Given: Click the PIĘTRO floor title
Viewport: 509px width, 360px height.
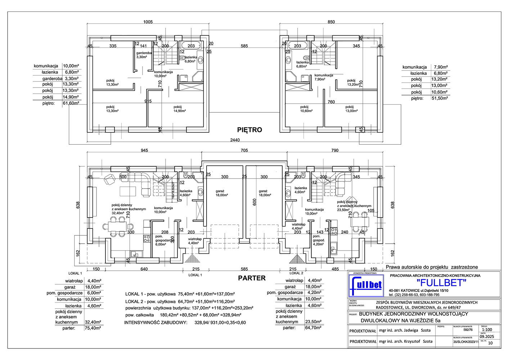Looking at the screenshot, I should point(249,130).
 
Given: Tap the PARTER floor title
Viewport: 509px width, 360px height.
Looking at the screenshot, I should point(252,278).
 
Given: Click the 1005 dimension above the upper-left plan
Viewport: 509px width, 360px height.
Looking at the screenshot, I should point(148,22).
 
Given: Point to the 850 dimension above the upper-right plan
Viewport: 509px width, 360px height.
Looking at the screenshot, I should point(331,22).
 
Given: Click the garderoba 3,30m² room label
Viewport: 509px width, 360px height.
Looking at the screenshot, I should point(144,55).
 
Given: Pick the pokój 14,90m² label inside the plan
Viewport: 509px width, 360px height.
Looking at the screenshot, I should point(179,109).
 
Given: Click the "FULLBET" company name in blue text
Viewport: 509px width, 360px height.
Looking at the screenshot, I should point(441,283).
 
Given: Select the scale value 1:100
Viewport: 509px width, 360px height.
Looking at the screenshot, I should point(487,329).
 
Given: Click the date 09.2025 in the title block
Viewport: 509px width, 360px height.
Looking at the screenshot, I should point(487,337).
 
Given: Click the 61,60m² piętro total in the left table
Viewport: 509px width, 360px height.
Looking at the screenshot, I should point(71,103).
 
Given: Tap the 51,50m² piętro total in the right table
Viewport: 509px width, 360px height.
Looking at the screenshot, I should point(440,98).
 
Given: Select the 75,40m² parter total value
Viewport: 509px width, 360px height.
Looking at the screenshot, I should point(93,328).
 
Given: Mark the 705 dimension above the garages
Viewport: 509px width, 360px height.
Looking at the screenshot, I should point(244,150).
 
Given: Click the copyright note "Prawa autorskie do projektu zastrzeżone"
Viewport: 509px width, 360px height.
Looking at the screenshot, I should point(432,267).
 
